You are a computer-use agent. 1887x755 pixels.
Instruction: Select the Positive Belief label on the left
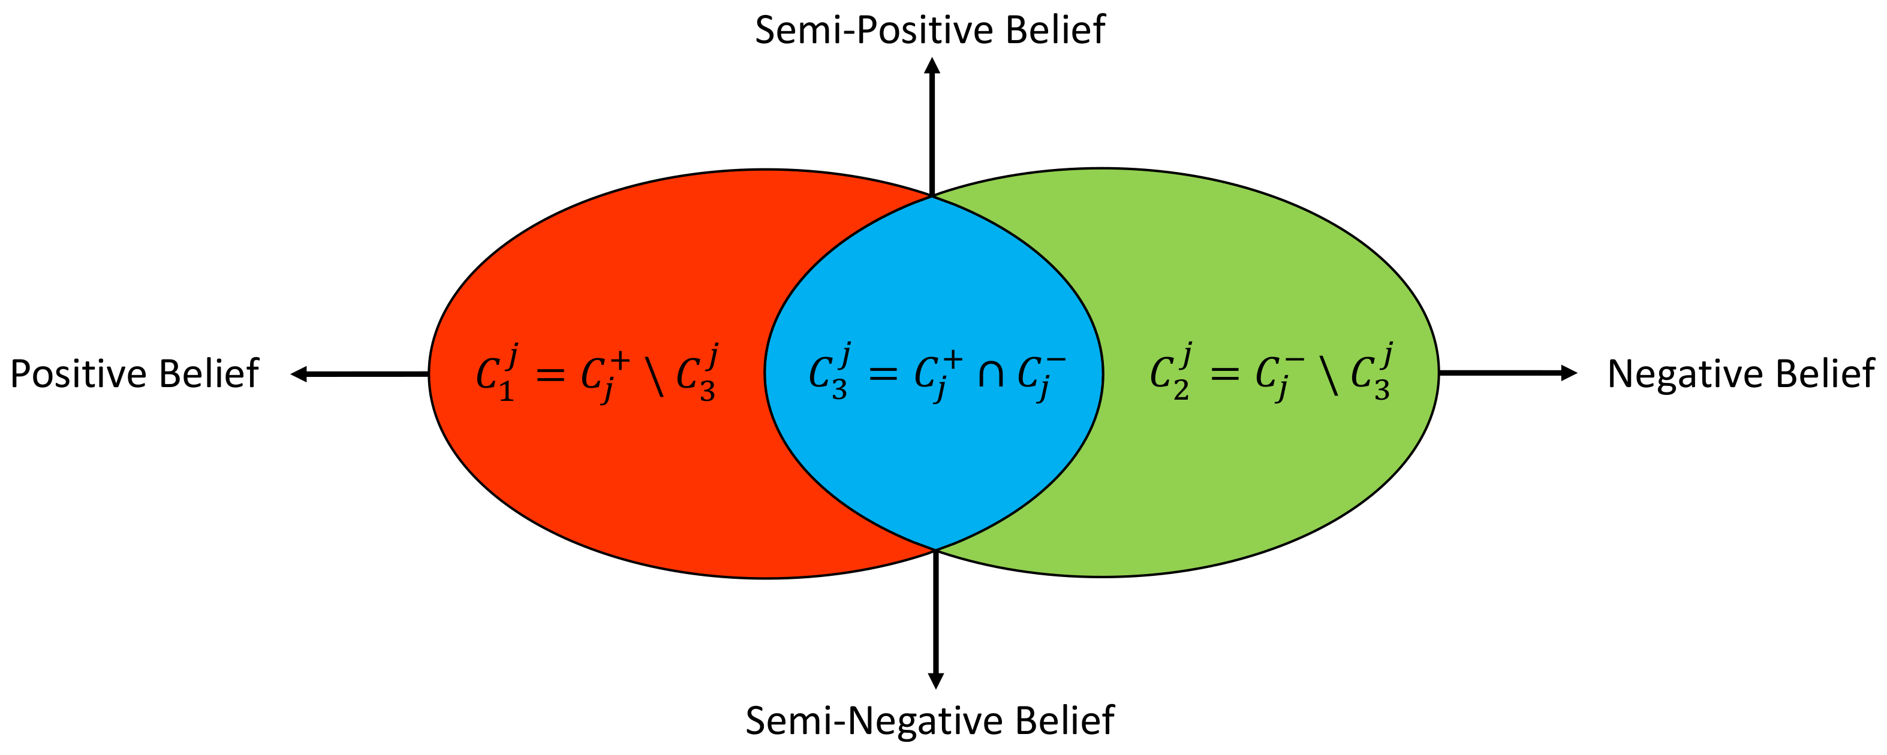point(134,375)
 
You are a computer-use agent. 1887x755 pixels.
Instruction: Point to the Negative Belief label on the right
point(1741,375)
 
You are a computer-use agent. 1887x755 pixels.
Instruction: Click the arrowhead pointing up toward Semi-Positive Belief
point(932,66)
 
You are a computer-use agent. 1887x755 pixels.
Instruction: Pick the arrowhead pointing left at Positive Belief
point(299,375)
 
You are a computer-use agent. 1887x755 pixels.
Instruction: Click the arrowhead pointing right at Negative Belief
point(1569,373)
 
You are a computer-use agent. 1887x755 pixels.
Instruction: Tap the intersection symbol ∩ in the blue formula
point(991,375)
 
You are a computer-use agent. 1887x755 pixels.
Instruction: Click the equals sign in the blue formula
point(883,375)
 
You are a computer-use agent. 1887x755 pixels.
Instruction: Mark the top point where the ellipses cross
point(932,197)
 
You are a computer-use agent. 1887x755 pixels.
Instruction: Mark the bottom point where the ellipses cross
point(935,549)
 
